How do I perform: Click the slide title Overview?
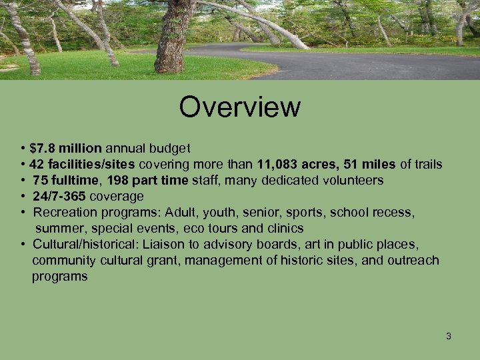(239, 107)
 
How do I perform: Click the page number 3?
(449, 336)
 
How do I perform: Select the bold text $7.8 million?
(65, 148)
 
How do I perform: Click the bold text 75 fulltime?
(65, 181)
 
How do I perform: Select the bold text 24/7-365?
(59, 197)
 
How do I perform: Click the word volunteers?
(353, 181)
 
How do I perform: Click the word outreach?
(413, 260)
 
